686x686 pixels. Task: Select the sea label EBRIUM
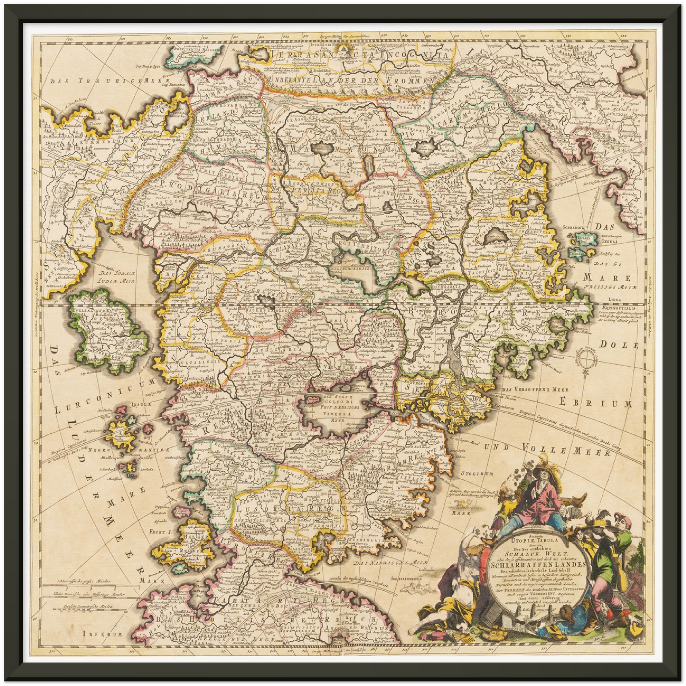pyautogui.click(x=595, y=404)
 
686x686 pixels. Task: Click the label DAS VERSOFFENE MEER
pyautogui.click(x=535, y=390)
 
